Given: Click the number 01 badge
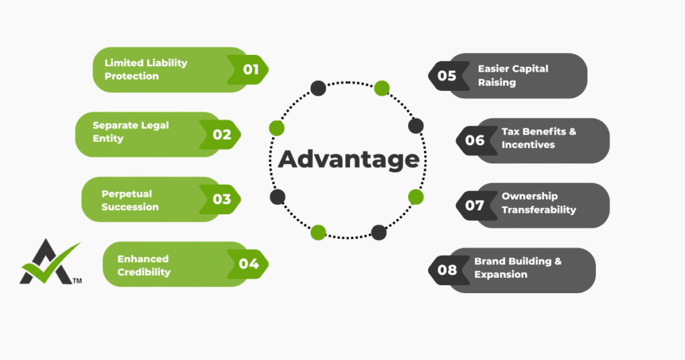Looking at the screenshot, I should [250, 69].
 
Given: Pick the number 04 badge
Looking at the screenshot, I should [249, 264].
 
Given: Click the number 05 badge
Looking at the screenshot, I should [447, 76].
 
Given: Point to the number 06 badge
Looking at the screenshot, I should [475, 141].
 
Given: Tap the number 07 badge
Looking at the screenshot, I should [475, 205].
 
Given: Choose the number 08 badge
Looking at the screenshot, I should [447, 270].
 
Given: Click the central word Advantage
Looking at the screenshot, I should [349, 160].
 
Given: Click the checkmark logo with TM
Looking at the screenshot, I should [50, 262].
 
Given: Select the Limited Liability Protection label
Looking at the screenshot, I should [146, 69].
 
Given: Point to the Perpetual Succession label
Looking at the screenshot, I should [130, 200].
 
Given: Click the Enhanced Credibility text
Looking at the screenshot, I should [144, 265].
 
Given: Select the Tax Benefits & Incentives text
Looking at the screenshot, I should [539, 138].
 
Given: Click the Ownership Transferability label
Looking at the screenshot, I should [539, 203].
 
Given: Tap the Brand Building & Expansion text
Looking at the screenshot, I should [518, 268].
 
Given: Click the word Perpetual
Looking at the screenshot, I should [127, 193].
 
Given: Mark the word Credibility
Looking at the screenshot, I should [144, 272].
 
